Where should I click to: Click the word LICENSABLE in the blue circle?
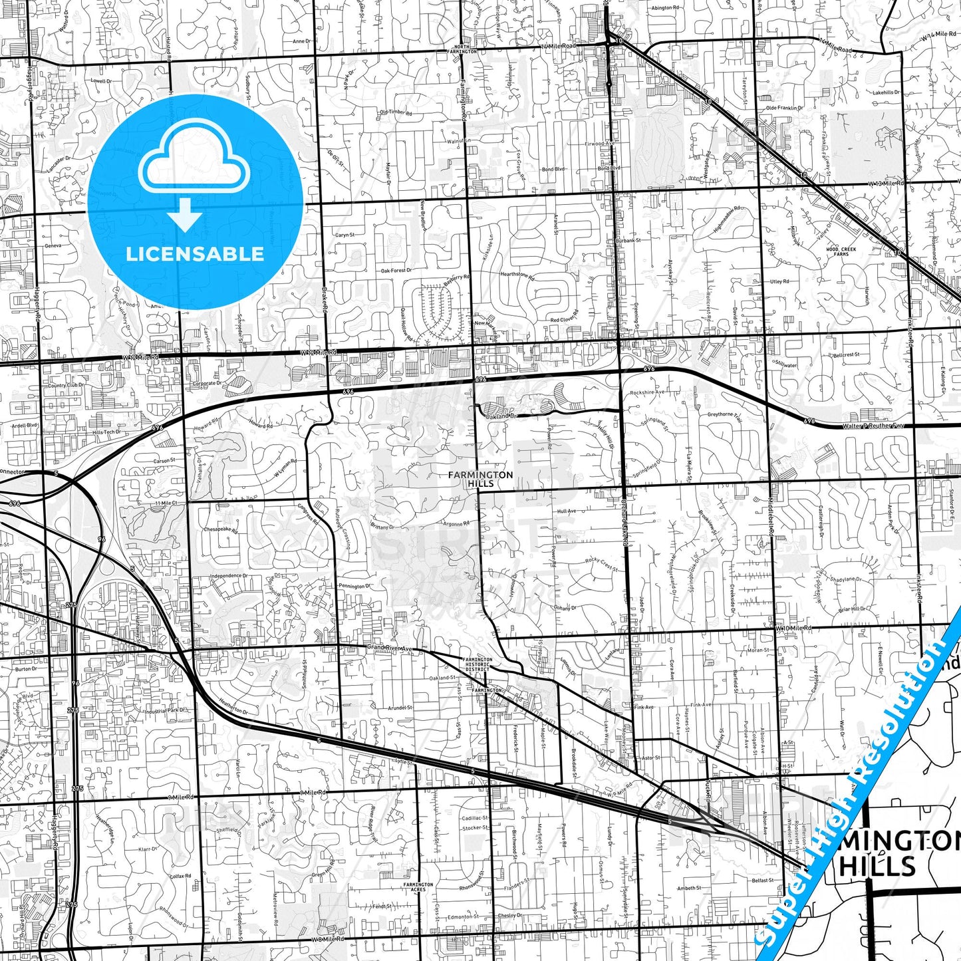pos(195,253)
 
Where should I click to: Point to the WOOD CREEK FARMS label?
pos(841,251)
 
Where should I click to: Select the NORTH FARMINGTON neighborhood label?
pos(462,49)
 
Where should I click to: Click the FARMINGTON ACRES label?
pos(418,888)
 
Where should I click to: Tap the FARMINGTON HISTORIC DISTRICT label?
pos(478,664)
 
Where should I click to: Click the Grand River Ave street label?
pos(390,648)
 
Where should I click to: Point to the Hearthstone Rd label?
pos(517,275)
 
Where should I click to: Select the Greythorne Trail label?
pos(724,414)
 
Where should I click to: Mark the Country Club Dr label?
pos(66,385)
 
